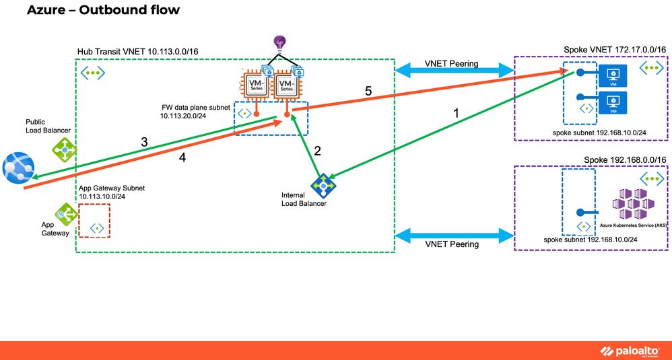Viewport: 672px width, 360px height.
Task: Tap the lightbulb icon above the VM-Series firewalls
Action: pyautogui.click(x=279, y=44)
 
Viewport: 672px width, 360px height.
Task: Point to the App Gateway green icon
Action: pyautogui.click(x=65, y=215)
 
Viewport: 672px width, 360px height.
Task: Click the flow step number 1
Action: pyautogui.click(x=458, y=114)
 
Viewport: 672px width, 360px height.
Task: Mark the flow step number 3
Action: pyautogui.click(x=144, y=142)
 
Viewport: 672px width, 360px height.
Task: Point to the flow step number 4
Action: pyautogui.click(x=182, y=159)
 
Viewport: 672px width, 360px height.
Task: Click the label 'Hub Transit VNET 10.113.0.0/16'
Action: pyautogui.click(x=143, y=52)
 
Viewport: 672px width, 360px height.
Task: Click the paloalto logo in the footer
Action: pyautogui.click(x=628, y=350)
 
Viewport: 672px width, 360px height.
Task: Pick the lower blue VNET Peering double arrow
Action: pyautogui.click(x=451, y=236)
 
